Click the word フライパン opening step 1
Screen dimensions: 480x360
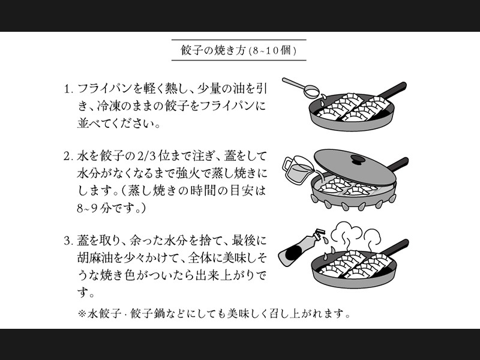click(x=105, y=89)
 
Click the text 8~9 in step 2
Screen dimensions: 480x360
click(x=87, y=209)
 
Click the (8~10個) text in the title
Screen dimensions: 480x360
click(x=273, y=50)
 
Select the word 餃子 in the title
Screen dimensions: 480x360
click(x=191, y=50)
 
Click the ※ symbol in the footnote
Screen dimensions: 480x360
click(x=82, y=313)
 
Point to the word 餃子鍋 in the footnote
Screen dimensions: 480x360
click(x=147, y=313)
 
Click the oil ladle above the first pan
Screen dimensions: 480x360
click(x=301, y=87)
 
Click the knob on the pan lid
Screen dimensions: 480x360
click(x=358, y=159)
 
